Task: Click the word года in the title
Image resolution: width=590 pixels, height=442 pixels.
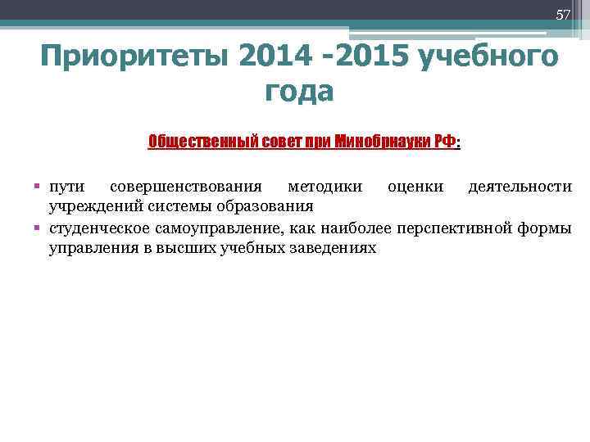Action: tap(299, 92)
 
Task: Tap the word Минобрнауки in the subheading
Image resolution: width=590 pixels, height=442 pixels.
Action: tap(384, 142)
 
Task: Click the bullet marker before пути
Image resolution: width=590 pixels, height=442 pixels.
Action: tap(38, 187)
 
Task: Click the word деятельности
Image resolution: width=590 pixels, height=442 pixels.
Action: tap(520, 187)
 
